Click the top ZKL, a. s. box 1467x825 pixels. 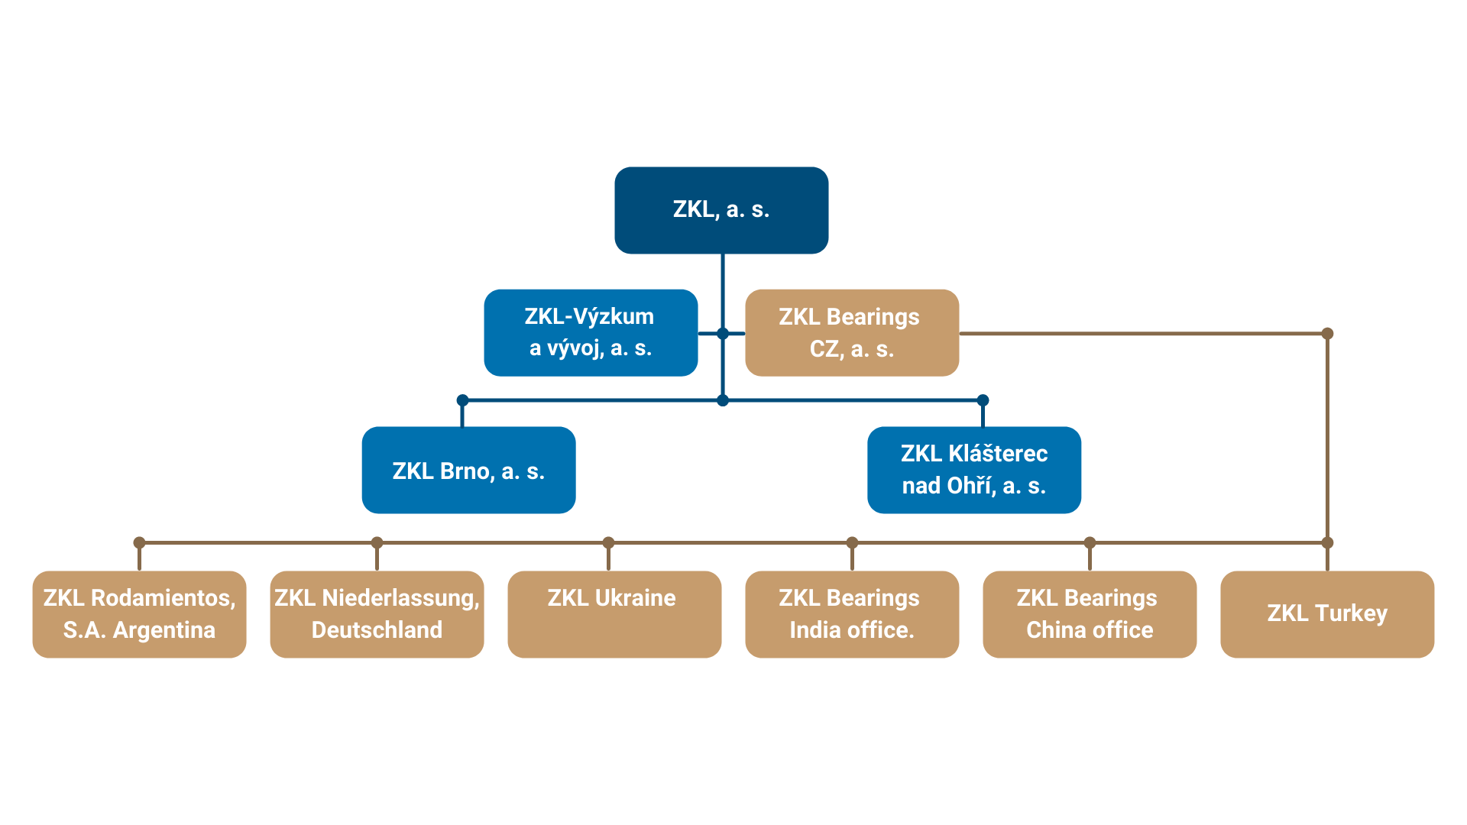(x=721, y=210)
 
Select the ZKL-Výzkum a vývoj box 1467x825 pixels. (x=591, y=332)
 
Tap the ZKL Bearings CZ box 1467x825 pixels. (x=851, y=332)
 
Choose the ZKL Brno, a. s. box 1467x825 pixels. (x=468, y=470)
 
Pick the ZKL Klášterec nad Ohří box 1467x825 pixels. (x=973, y=470)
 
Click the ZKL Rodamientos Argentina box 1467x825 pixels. (x=139, y=614)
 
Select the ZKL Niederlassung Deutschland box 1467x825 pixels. (x=377, y=614)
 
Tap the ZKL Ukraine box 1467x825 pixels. (x=614, y=614)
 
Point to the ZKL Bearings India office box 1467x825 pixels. (x=852, y=614)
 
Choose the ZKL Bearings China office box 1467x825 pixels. (x=1090, y=614)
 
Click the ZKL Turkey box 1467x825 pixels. (x=1327, y=614)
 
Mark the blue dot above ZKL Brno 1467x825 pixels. (x=462, y=400)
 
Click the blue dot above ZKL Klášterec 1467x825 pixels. (x=983, y=400)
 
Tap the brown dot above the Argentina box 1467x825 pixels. (x=139, y=542)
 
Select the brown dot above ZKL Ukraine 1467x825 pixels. (x=608, y=542)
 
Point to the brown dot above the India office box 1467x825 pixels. (x=852, y=542)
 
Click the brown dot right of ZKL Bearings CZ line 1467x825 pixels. (x=1327, y=334)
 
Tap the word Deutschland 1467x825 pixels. (x=377, y=630)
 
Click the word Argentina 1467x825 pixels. (x=164, y=630)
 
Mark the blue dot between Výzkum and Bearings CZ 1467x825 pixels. (x=723, y=334)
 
